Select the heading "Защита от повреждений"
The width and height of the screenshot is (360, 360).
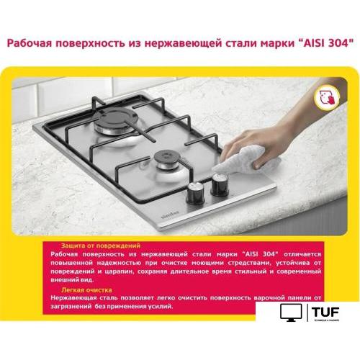[93, 246]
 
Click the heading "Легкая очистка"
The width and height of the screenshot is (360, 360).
[80, 289]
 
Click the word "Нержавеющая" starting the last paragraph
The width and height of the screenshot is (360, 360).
[76, 297]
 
